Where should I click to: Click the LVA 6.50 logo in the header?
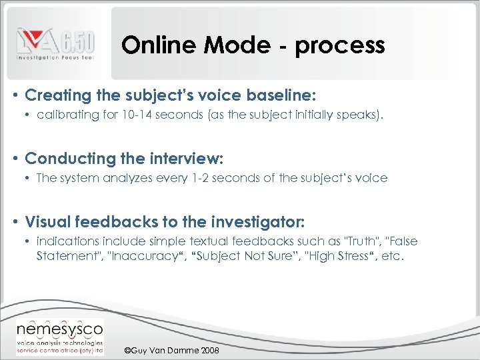(56, 44)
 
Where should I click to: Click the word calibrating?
(68, 115)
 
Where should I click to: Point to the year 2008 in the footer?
(208, 351)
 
